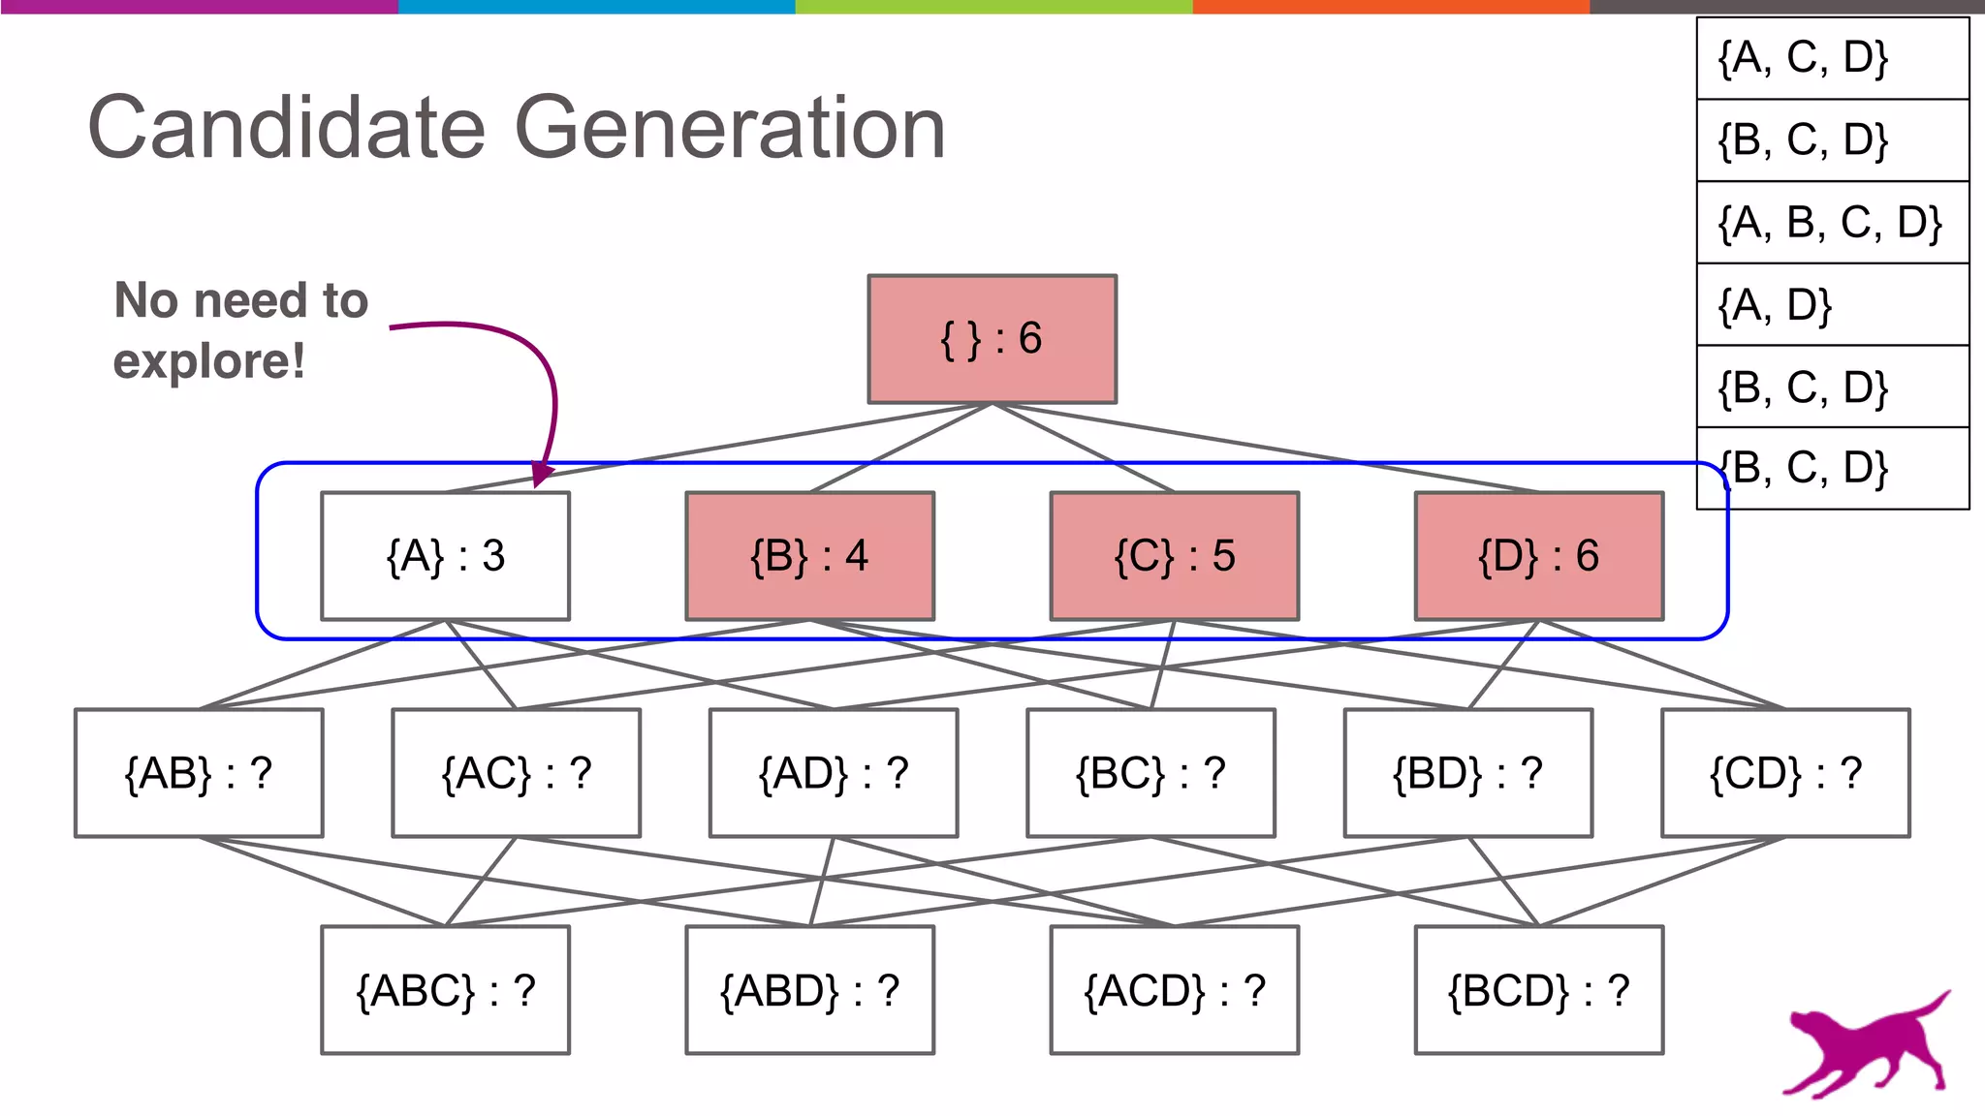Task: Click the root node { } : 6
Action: pos(992,339)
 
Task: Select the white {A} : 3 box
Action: pos(445,556)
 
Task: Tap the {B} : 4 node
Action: pos(809,556)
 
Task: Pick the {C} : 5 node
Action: pos(1174,556)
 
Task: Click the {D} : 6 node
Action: pos(1538,556)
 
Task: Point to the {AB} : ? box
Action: pos(199,773)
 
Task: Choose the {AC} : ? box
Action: pos(516,773)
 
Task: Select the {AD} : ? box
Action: pos(834,773)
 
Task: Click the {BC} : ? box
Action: pos(1150,773)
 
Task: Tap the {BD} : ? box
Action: pos(1467,773)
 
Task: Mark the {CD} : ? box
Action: pos(1785,773)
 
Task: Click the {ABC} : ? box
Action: pos(445,990)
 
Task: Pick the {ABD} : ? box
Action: pos(809,990)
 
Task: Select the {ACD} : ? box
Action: pos(1174,990)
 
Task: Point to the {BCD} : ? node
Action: pos(1538,990)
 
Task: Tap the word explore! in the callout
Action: pos(208,362)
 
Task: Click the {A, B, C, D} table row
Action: pos(1831,223)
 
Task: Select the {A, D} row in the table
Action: pos(1831,305)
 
